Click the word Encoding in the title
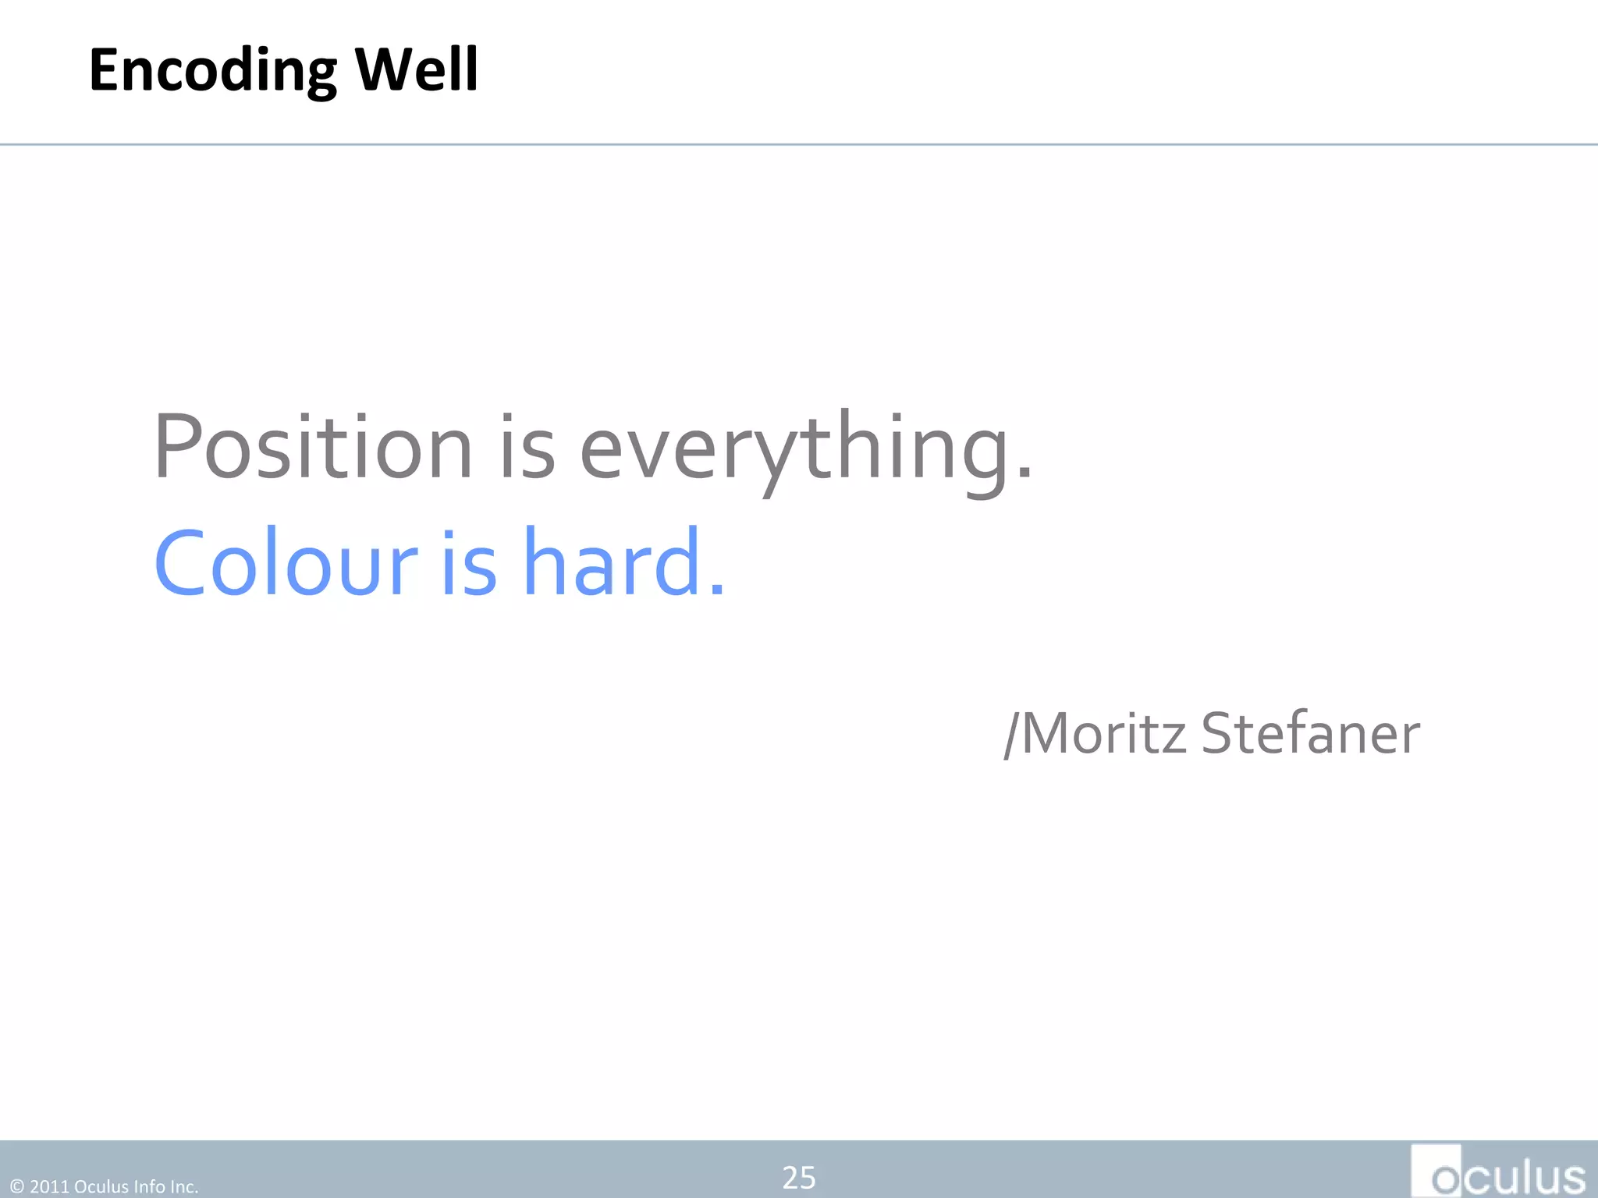point(212,71)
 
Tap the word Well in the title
point(416,69)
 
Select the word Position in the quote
point(313,447)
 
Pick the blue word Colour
point(286,563)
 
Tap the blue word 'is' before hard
point(469,563)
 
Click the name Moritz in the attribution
point(1103,734)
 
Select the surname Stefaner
point(1310,734)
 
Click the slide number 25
point(799,1178)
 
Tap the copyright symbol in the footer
point(17,1187)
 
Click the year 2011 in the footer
point(49,1187)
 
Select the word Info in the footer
point(149,1187)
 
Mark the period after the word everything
point(1024,471)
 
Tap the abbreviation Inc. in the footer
point(183,1187)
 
